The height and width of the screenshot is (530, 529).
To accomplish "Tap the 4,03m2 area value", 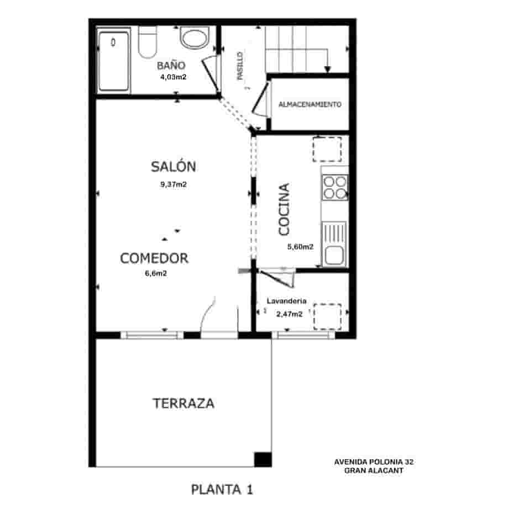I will coord(172,77).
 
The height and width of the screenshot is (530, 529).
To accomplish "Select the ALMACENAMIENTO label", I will coord(310,104).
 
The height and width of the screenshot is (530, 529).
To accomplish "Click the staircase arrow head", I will coord(327,69).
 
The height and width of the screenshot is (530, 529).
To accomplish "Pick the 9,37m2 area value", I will coord(173,185).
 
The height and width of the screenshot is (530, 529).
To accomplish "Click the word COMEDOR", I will coord(154,258).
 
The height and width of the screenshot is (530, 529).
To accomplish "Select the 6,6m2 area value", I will coord(155,273).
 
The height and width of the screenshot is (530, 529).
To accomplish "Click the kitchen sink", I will coord(334,246).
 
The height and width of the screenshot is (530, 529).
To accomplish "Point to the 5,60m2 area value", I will coord(300,247).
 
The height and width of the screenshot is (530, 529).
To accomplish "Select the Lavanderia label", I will coord(286,301).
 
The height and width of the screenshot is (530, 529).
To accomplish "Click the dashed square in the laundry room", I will coord(327,317).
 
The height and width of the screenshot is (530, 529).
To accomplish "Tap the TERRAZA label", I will coord(183,404).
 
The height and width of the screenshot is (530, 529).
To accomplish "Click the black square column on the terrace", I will coord(263,459).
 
